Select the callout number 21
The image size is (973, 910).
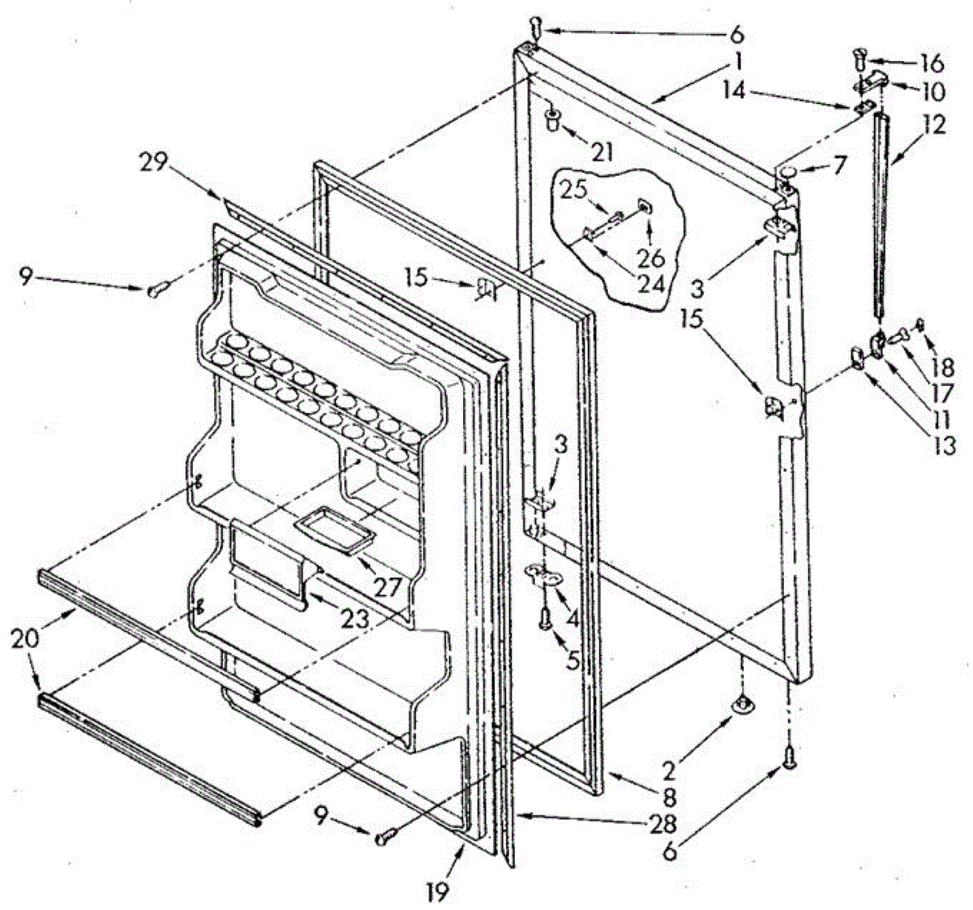[x=602, y=151]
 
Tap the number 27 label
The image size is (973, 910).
[x=387, y=586]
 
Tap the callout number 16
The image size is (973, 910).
[x=932, y=62]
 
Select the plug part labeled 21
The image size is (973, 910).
[x=551, y=121]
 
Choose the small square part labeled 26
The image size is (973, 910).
[x=646, y=206]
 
